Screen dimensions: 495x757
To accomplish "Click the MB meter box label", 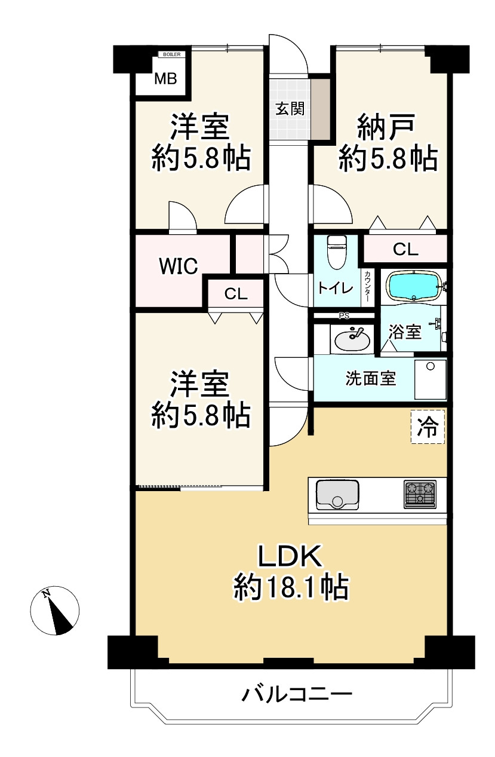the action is (x=166, y=79).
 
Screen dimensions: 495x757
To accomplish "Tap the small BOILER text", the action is (x=172, y=54).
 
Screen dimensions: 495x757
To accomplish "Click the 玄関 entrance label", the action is (x=290, y=109).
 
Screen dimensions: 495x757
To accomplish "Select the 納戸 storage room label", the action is (x=386, y=127).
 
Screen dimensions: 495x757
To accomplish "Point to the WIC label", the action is (x=179, y=266).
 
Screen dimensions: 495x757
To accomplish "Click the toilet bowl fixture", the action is (x=336, y=252).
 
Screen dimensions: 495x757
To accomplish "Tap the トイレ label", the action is (x=336, y=288).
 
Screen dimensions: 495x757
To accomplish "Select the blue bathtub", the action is (x=414, y=286).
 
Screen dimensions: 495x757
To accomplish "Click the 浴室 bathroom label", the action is (x=404, y=332).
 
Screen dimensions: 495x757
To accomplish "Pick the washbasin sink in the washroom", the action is (x=352, y=341).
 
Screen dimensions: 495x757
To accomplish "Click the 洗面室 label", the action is (x=371, y=378).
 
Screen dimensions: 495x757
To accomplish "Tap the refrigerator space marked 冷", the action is (x=428, y=427).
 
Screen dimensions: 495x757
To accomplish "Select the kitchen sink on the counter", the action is (x=337, y=495).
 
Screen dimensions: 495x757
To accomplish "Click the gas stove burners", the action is (x=420, y=494).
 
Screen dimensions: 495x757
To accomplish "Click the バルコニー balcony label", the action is (x=297, y=694).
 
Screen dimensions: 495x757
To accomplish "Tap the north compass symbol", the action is (x=55, y=611).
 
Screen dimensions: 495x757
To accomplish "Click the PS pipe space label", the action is (x=344, y=316).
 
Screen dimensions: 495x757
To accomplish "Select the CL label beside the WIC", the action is (x=236, y=294).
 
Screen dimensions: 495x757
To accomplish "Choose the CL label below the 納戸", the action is (x=405, y=249).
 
